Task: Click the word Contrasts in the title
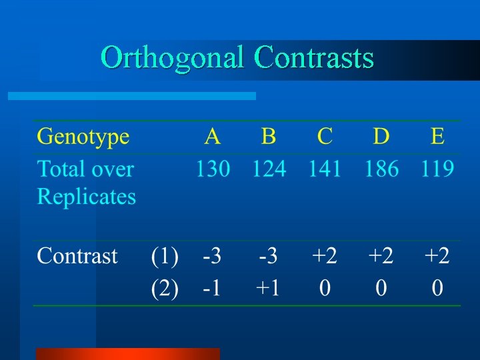[314, 58]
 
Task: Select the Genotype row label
[83, 137]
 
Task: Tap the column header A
[212, 137]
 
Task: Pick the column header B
[269, 137]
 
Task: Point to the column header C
[325, 137]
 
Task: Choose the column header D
[381, 137]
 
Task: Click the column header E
[437, 137]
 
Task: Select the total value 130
[212, 169]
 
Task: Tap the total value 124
[269, 169]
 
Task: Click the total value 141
[325, 169]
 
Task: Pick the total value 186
[381, 169]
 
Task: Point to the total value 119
[437, 169]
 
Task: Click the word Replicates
[87, 197]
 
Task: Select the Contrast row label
[77, 256]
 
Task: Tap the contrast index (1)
[165, 257]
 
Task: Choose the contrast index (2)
[165, 289]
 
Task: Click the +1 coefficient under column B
[269, 289]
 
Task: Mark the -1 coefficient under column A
[211, 289]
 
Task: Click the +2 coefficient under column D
[381, 257]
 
